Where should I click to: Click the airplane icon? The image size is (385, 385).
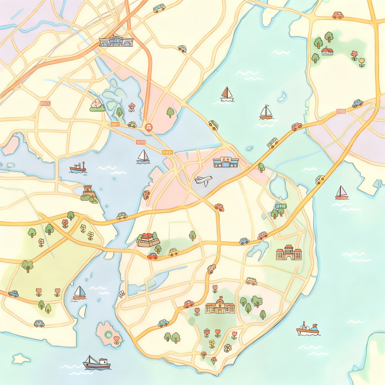204,180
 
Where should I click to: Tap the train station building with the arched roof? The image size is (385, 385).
116,41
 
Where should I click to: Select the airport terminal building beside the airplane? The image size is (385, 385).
226,162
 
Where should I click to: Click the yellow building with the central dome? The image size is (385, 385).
220,307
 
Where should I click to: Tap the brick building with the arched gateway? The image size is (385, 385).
288,254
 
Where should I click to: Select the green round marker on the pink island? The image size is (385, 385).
108,334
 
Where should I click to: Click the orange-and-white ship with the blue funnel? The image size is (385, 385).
307,329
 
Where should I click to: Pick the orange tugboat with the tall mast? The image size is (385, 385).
78,168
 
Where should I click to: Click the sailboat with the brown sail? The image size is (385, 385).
227,94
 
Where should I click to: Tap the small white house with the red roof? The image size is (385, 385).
327,51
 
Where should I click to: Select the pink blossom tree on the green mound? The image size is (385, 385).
97,105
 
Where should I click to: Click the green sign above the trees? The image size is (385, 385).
281,207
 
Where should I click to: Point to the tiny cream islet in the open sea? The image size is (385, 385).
21,357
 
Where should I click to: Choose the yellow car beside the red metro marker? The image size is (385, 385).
132,124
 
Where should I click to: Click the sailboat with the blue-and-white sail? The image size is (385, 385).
79,293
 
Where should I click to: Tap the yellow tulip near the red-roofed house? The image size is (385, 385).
361,60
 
